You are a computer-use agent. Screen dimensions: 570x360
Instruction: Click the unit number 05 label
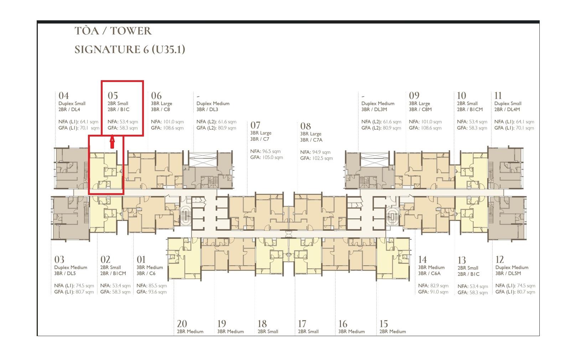click(113, 96)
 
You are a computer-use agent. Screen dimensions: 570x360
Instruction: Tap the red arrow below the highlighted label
click(112, 142)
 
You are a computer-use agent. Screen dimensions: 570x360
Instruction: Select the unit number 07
click(255, 125)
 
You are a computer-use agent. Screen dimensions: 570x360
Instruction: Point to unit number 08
click(305, 126)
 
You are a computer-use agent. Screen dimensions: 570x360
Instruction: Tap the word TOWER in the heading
click(131, 31)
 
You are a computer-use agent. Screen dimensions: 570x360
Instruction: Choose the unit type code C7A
click(317, 140)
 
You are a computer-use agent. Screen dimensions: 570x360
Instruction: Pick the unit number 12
click(499, 259)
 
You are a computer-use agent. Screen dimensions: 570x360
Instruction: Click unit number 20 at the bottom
click(182, 324)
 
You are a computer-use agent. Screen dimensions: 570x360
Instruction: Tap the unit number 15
click(383, 324)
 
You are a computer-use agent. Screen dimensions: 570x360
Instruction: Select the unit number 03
click(59, 259)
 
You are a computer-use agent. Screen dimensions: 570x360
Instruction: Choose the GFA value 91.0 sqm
click(439, 292)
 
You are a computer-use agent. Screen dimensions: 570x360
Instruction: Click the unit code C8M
click(426, 109)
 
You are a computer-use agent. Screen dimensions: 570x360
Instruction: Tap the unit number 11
click(498, 96)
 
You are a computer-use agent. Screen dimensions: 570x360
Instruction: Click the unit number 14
click(423, 259)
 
